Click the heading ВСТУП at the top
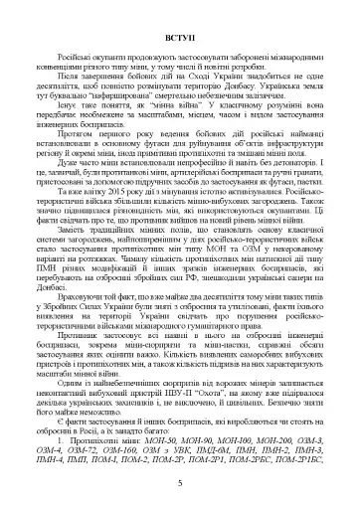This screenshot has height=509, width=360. coord(179,62)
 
